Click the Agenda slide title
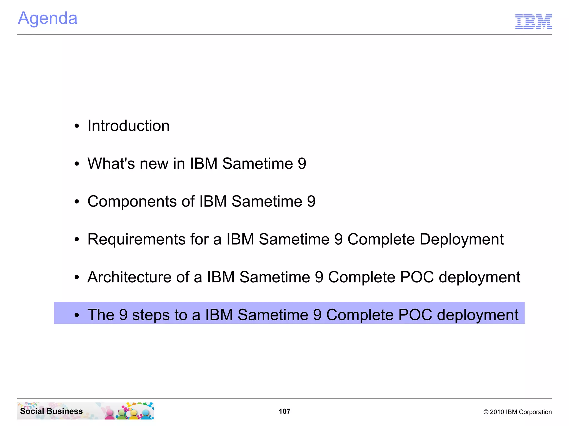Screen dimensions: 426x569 click(48, 18)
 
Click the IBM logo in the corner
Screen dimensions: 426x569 click(533, 21)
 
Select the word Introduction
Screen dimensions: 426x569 click(128, 126)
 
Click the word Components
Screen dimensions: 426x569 click(132, 202)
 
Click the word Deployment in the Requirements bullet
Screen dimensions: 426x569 click(461, 239)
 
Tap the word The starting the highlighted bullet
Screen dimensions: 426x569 click(101, 315)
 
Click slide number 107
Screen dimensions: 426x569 click(284, 411)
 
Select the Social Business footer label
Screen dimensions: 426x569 click(51, 411)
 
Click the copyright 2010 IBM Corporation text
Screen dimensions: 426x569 click(517, 412)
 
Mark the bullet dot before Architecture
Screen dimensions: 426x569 click(77, 278)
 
